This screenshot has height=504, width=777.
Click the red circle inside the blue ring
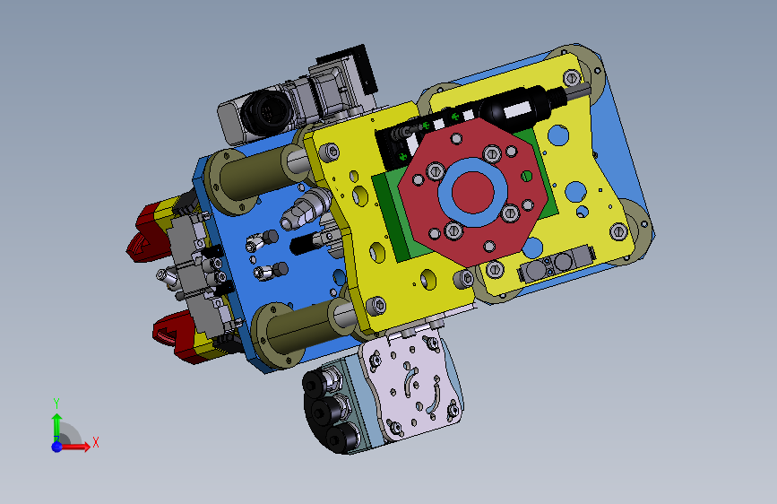[x=472, y=193]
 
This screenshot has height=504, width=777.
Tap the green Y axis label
[x=56, y=403]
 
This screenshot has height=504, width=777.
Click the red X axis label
[x=96, y=442]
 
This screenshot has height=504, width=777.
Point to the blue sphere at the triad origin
[x=56, y=447]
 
